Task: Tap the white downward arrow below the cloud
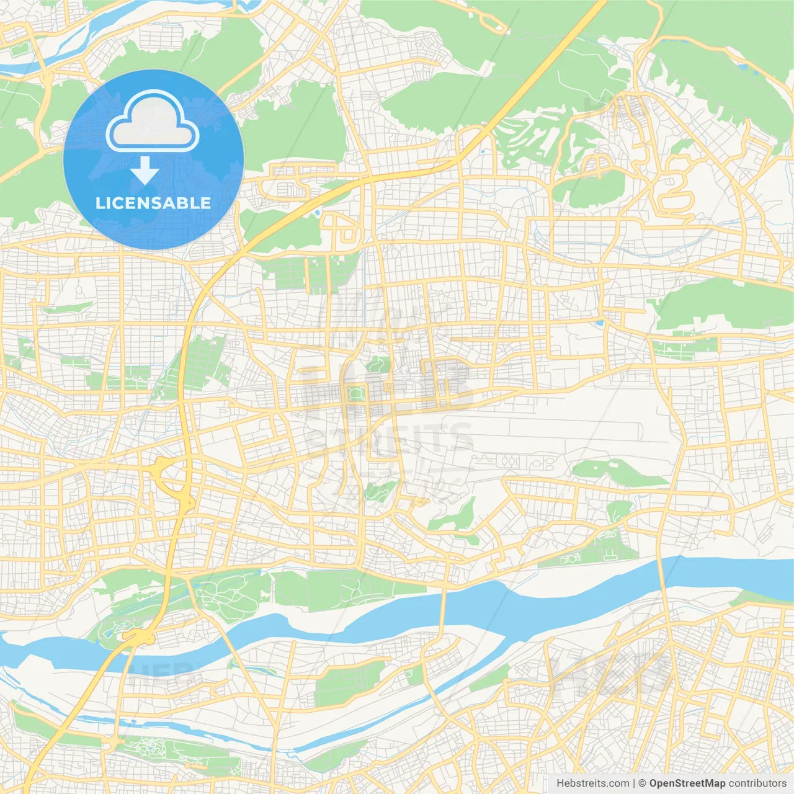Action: [x=145, y=170]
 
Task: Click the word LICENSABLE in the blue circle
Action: [x=153, y=203]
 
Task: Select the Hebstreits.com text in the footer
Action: [x=592, y=783]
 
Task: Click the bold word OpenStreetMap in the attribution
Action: [x=687, y=783]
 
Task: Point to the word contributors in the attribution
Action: [x=757, y=783]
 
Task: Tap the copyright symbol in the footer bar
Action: [x=643, y=783]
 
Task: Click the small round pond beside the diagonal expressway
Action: [x=318, y=213]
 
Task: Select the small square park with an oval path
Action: [x=356, y=393]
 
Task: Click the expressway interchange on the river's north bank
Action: [x=140, y=636]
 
